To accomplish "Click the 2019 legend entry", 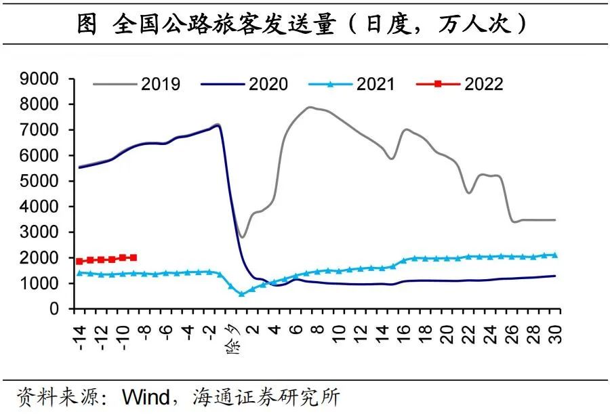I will click(x=161, y=84).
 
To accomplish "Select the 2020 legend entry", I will click(x=268, y=84).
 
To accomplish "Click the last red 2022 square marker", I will click(x=134, y=257).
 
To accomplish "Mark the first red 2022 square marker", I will click(x=80, y=261).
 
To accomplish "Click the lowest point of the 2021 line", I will click(x=241, y=294).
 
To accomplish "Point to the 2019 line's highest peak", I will click(x=310, y=107).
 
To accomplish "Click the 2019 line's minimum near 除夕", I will click(x=242, y=237).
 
